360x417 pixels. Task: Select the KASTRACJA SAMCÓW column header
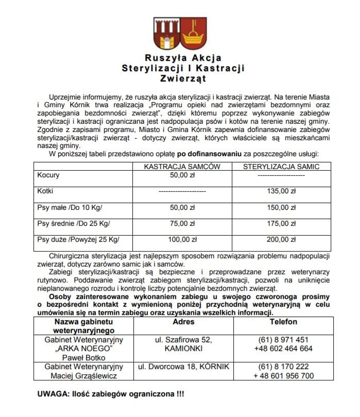click(182, 166)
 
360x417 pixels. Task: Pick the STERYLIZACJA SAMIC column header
click(281, 166)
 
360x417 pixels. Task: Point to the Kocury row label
click(48, 175)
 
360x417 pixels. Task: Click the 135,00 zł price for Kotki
click(281, 191)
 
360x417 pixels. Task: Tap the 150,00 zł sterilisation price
click(281, 208)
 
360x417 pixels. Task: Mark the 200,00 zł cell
click(281, 240)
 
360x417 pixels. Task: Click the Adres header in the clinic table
click(184, 322)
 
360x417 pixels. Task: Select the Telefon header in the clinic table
click(283, 322)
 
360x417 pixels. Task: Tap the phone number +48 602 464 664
click(283, 348)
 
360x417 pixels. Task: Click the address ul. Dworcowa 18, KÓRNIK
click(184, 366)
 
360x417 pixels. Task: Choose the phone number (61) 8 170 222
click(283, 366)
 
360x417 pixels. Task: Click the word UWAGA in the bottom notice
click(54, 394)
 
